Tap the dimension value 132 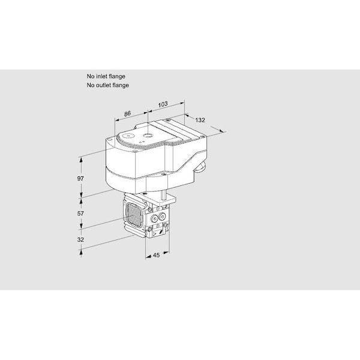click(200, 120)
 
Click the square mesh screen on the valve click(133, 216)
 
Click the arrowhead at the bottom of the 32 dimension click(82, 255)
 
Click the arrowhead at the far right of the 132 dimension click(224, 131)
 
